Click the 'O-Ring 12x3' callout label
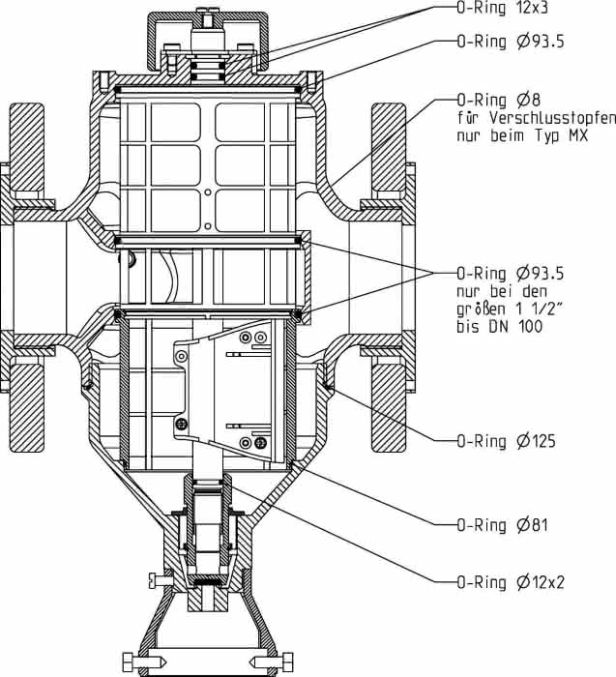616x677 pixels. (503, 8)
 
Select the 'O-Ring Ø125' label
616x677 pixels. (506, 441)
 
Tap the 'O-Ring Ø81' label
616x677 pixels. (503, 525)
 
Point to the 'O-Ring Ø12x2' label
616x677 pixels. (511, 582)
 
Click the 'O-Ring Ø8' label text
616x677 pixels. (499, 101)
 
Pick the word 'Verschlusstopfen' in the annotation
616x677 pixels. (552, 117)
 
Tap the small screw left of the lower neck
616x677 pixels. (161, 580)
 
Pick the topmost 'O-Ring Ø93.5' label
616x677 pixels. (511, 42)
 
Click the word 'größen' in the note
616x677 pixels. (479, 309)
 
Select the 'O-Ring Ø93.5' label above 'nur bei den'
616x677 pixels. (511, 274)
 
